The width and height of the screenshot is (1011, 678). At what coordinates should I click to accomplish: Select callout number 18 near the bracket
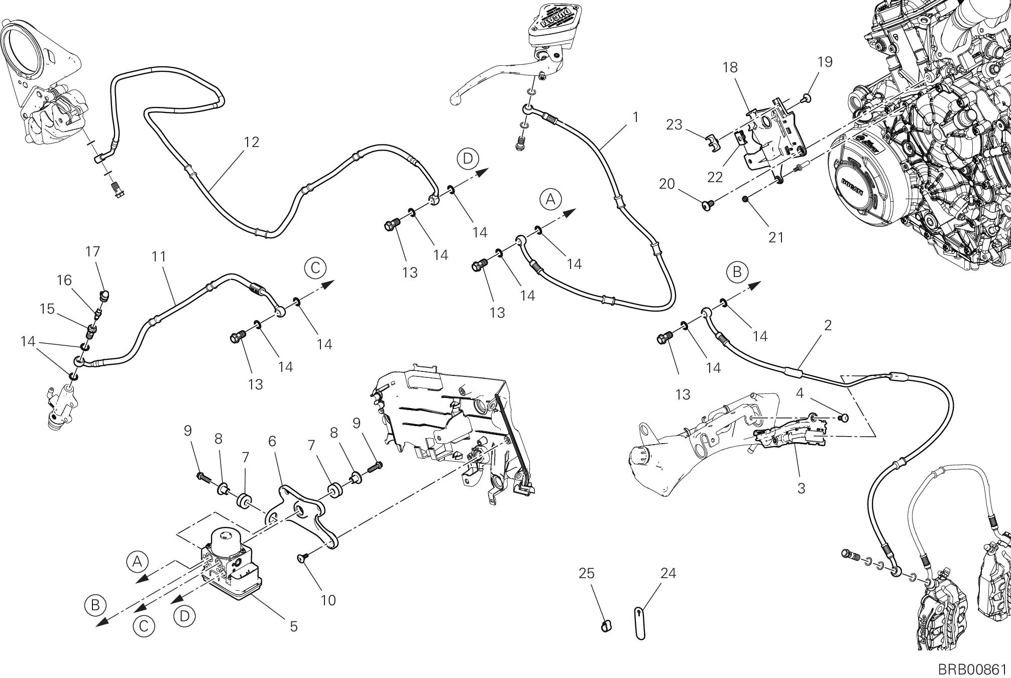(730, 67)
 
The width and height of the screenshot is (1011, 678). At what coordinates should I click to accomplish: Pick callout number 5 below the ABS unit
(294, 626)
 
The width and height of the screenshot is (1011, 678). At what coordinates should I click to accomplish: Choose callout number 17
(93, 251)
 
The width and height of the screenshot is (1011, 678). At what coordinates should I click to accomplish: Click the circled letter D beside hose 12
(468, 159)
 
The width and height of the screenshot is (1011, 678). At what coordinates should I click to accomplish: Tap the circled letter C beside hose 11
(315, 268)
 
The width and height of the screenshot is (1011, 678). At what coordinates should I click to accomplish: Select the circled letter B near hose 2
(737, 272)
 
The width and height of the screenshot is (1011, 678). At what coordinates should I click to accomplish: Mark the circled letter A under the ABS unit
(137, 562)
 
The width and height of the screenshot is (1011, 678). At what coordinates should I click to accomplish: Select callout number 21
(776, 237)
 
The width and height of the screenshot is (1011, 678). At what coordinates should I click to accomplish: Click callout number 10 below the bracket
(328, 600)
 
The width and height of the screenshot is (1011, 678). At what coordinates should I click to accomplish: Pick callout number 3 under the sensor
(801, 487)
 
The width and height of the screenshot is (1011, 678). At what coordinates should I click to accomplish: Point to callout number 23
(674, 124)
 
